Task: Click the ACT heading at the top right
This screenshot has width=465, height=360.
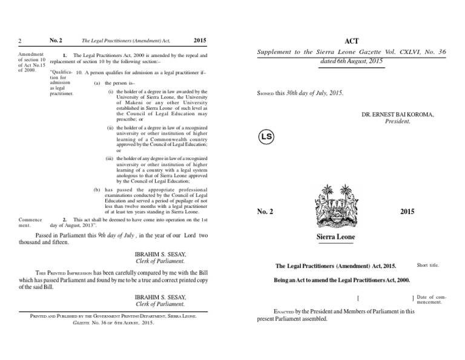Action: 351,41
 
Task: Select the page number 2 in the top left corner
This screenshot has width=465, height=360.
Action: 20,41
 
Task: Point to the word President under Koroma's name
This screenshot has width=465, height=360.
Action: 398,121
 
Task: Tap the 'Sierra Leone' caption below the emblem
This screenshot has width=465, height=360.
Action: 336,236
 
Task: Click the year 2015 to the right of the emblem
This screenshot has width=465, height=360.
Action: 407,211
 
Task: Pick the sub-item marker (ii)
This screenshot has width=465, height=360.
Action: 110,128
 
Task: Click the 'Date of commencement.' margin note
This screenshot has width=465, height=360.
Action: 431,299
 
